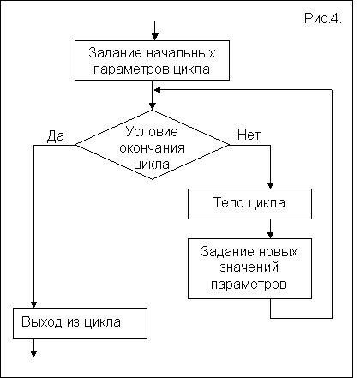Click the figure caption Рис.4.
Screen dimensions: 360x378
(x=323, y=19)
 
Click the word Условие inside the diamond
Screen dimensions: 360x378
(x=152, y=132)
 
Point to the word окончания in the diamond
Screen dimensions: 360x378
(x=152, y=148)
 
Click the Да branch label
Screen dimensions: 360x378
(x=56, y=135)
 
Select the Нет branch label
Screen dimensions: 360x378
(x=249, y=135)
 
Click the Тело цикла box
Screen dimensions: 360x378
(x=249, y=204)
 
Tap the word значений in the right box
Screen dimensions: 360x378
(x=249, y=267)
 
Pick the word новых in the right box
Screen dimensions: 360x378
(x=278, y=252)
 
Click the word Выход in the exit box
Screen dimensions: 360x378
(x=42, y=322)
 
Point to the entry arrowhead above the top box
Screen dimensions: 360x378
(x=155, y=37)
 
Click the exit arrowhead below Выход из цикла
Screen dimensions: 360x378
(x=33, y=354)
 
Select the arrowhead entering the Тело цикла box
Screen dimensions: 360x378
(x=270, y=185)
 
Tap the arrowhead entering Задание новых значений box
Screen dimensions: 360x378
(x=270, y=235)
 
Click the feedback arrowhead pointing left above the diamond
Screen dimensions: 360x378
(x=157, y=90)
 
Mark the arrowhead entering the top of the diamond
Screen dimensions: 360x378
(x=153, y=106)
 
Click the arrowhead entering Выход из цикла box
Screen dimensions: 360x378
(x=33, y=304)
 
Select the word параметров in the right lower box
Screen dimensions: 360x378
(x=249, y=285)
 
